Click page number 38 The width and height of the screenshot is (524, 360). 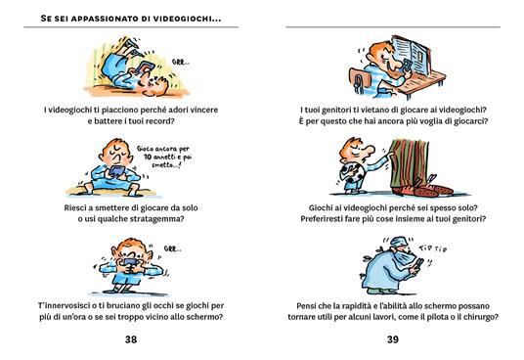click(x=131, y=339)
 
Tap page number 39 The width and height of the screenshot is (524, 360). click(x=393, y=339)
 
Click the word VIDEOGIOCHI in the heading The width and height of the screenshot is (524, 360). click(x=187, y=19)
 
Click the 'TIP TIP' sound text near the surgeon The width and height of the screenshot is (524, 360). click(x=432, y=248)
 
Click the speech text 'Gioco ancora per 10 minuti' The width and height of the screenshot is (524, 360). click(x=164, y=157)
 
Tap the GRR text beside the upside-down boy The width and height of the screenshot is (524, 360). click(x=181, y=62)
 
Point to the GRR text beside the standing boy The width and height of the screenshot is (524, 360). click(x=172, y=248)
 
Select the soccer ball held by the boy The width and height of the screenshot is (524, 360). click(x=348, y=175)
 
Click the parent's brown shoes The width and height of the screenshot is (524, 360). click(x=423, y=191)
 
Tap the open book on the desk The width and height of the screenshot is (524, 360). click(x=410, y=55)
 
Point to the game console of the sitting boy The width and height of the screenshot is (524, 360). click(x=116, y=171)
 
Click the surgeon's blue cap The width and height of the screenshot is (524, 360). click(x=400, y=241)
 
